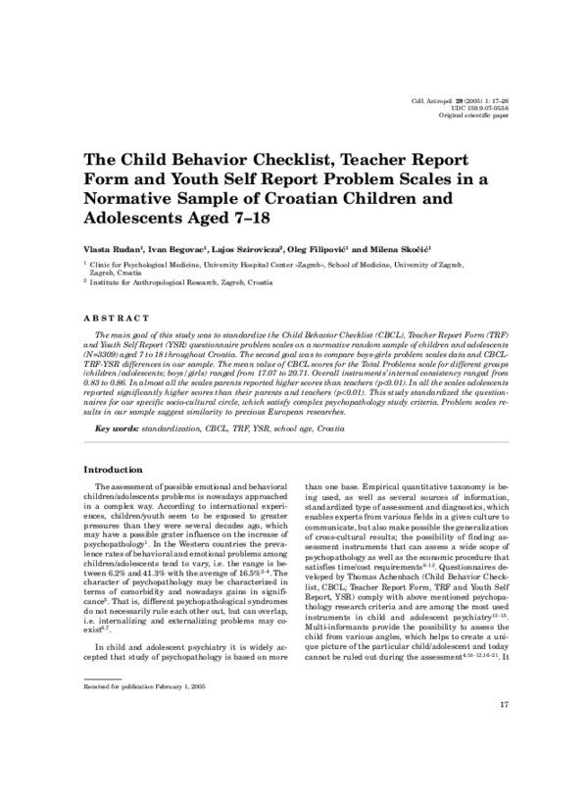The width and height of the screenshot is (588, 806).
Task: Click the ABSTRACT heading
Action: tap(117, 319)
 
